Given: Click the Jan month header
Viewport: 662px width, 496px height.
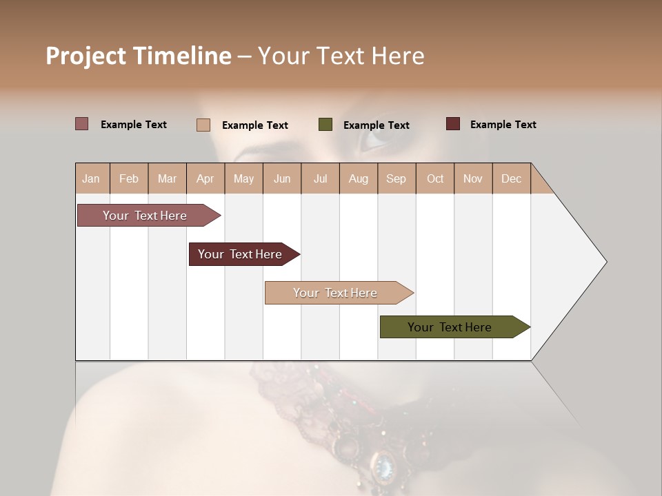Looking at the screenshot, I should tap(91, 178).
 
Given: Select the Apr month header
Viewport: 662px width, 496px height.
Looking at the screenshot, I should tap(205, 178).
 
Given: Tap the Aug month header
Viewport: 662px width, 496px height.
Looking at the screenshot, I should tap(358, 178).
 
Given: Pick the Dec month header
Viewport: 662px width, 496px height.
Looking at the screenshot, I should tap(511, 178).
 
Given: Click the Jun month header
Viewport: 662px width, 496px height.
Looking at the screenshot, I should tap(281, 178).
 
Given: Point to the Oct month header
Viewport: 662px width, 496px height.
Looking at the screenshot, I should tap(434, 178).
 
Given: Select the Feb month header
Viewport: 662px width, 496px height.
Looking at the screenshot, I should tap(129, 178).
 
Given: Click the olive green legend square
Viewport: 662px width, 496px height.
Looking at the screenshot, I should tap(325, 125).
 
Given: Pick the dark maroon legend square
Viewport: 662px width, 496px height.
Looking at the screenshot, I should tap(453, 124).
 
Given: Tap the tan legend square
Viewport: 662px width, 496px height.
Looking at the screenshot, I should tap(203, 125).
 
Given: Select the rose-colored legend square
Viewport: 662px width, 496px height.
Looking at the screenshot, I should tap(82, 124).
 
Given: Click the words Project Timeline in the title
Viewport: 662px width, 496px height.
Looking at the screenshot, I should tap(138, 56).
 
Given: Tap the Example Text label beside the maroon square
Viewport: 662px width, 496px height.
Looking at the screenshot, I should tap(503, 125).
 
